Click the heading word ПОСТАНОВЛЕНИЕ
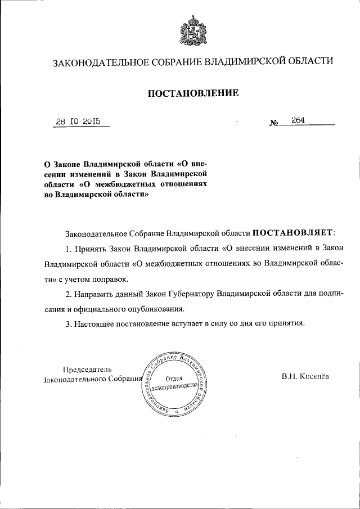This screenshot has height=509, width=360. [x=193, y=92]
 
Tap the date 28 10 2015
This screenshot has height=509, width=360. [x=78, y=121]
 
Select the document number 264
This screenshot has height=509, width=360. [x=298, y=120]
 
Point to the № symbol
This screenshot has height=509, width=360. [x=274, y=123]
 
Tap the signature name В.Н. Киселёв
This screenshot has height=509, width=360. [x=307, y=378]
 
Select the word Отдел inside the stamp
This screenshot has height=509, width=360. [x=175, y=380]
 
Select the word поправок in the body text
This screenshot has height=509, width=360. [x=112, y=278]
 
